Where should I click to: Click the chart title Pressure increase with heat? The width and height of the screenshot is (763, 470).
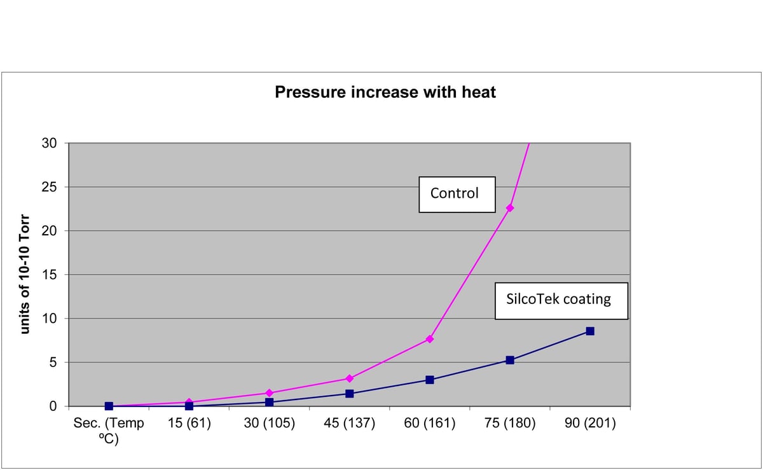(x=385, y=92)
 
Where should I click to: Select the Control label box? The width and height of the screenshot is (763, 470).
(x=457, y=194)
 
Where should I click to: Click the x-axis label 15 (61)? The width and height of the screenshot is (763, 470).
(x=189, y=424)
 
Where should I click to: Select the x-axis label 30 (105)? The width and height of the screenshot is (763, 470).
(x=269, y=424)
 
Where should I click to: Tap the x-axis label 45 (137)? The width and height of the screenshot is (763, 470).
(x=349, y=424)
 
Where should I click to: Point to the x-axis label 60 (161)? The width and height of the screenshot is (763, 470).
(x=430, y=424)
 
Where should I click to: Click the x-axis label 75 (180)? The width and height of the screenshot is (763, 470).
(x=510, y=424)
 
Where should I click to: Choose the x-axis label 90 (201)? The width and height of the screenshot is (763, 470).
(x=590, y=424)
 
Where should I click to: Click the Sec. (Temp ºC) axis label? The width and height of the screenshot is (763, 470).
(x=109, y=430)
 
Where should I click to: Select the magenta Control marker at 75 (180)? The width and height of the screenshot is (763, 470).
(x=510, y=208)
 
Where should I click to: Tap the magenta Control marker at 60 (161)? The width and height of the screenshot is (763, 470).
(x=430, y=339)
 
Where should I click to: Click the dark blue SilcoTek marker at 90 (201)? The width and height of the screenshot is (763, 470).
(x=590, y=331)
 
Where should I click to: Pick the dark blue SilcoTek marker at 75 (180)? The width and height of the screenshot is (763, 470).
(x=510, y=360)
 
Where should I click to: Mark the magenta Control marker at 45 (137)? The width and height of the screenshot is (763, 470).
(x=349, y=378)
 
